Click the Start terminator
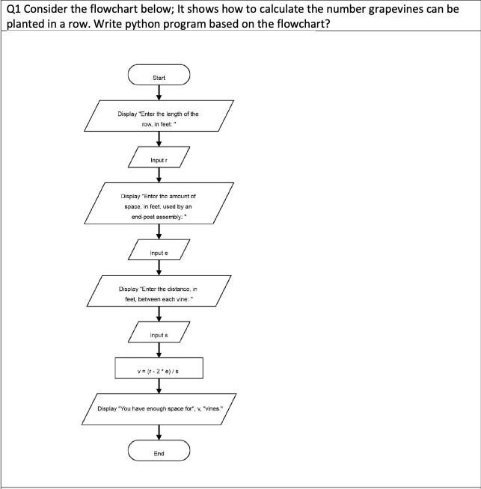coord(159,77)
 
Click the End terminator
coord(159,453)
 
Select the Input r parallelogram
coord(159,159)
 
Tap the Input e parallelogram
coord(159,253)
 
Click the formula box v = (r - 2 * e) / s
coord(159,369)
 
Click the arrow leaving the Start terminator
coord(159,93)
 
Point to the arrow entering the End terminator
coord(159,433)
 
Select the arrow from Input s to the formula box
coord(159,351)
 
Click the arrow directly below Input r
coord(159,176)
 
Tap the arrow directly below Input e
coord(159,269)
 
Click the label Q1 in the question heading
coord(13,10)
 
